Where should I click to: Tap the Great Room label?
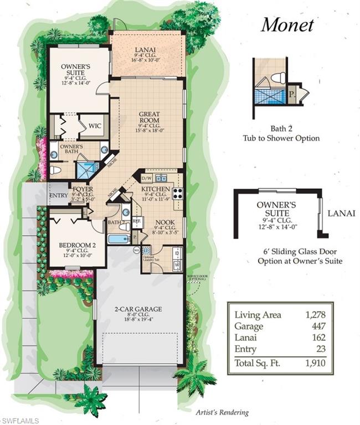pyautogui.click(x=149, y=117)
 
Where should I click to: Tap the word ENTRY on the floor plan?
pyautogui.click(x=58, y=195)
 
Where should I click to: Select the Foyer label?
pyautogui.click(x=82, y=189)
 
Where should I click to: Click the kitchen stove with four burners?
pyautogui.click(x=178, y=193)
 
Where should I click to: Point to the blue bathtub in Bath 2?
pyautogui.click(x=117, y=240)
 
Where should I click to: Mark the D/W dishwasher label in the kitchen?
pyautogui.click(x=147, y=178)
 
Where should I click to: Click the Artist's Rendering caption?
pyautogui.click(x=222, y=412)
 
